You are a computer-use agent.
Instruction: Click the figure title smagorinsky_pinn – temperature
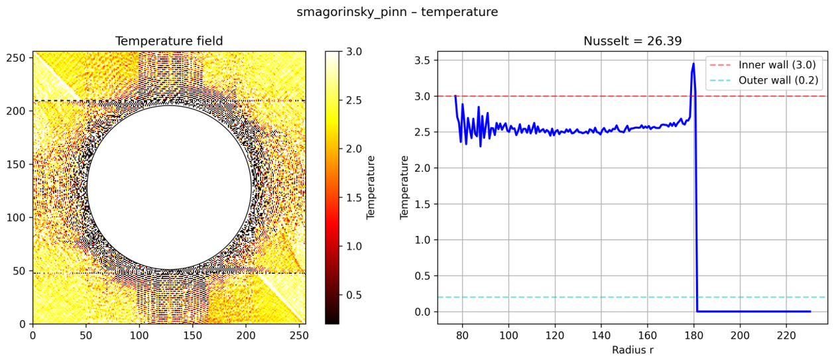(397, 12)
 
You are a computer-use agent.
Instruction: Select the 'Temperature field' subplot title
(169, 41)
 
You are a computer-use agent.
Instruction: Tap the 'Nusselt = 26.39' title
(632, 41)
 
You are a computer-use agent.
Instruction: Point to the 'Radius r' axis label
(632, 350)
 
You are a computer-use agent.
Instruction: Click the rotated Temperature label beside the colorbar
(371, 188)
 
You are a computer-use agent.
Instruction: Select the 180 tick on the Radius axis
(694, 335)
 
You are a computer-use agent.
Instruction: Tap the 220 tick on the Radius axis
(786, 335)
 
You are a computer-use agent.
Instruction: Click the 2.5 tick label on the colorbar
(354, 101)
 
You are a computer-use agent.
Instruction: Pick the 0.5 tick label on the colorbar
(354, 295)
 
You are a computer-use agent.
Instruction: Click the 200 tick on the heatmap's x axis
(246, 335)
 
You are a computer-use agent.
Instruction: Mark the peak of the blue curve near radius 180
(693, 63)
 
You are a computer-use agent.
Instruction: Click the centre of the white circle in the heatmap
(169, 188)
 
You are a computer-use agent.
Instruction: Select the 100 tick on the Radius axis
(508, 335)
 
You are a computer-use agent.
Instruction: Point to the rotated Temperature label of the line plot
(404, 188)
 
